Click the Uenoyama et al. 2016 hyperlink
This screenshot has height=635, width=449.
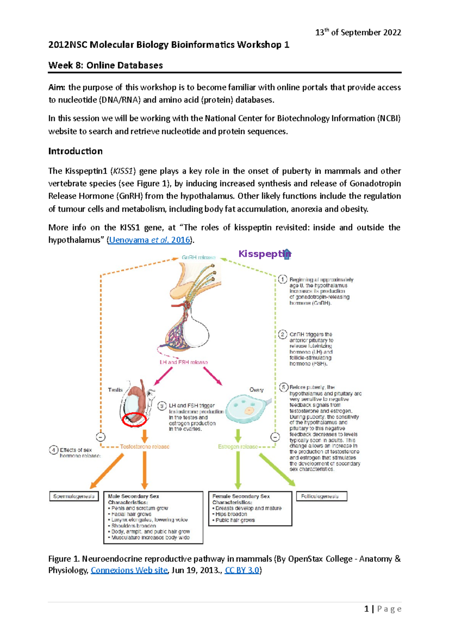pyautogui.click(x=150, y=240)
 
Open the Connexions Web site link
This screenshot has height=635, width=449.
pyautogui.click(x=129, y=570)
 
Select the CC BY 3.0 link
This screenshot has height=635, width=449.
pyautogui.click(x=242, y=570)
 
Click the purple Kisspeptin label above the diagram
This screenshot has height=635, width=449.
pyautogui.click(x=264, y=254)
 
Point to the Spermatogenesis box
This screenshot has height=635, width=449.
pyautogui.click(x=74, y=496)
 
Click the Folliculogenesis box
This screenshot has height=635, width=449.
pyautogui.click(x=321, y=496)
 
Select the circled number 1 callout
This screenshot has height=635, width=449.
pyautogui.click(x=282, y=280)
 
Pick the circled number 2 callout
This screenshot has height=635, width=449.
pyautogui.click(x=282, y=334)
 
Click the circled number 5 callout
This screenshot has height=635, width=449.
pyautogui.click(x=284, y=387)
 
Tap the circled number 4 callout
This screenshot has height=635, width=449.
pyautogui.click(x=54, y=450)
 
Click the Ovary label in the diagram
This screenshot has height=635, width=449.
pyautogui.click(x=256, y=390)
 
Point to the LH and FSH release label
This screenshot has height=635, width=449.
pyautogui.click(x=184, y=362)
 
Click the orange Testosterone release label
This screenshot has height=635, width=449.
pyautogui.click(x=144, y=447)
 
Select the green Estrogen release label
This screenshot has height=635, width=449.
pyautogui.click(x=238, y=447)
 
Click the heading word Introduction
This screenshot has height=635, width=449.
pyautogui.click(x=75, y=151)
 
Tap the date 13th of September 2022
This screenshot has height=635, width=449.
pyautogui.click(x=358, y=33)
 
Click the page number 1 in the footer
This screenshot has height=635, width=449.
pyautogui.click(x=367, y=609)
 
